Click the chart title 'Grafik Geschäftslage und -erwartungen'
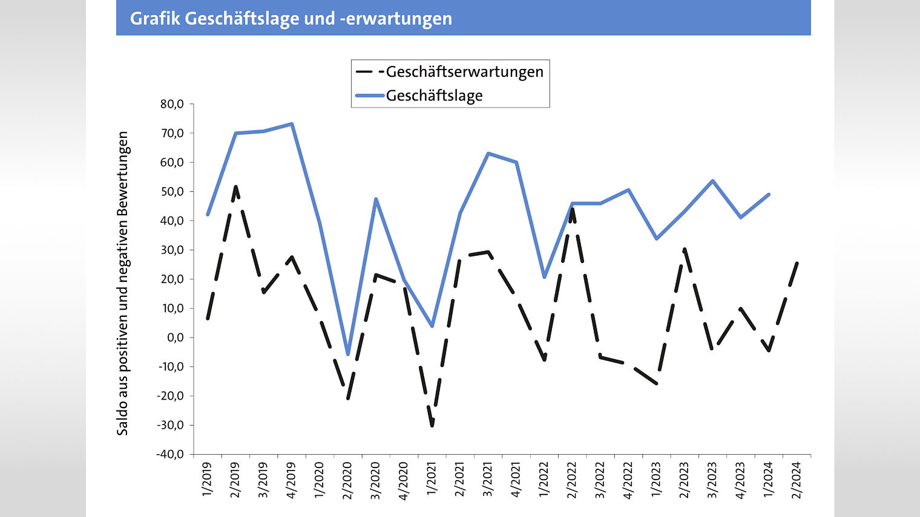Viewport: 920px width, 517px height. [291, 19]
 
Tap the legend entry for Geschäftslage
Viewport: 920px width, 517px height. [434, 96]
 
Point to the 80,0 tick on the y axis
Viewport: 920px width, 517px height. [172, 104]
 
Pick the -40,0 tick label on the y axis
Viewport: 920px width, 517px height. [171, 454]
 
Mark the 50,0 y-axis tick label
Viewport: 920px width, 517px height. [172, 192]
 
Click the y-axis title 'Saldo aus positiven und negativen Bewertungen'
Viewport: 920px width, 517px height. [123, 283]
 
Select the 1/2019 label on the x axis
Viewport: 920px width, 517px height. [208, 480]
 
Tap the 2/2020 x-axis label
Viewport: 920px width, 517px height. [348, 480]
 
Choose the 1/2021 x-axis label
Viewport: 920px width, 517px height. [432, 480]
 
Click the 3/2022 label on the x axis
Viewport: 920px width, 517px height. [600, 480]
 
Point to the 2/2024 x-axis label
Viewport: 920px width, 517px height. [797, 480]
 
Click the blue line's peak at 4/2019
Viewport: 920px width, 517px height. [292, 124]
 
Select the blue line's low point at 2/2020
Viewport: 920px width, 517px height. [348, 354]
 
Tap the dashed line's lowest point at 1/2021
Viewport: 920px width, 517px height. [432, 426]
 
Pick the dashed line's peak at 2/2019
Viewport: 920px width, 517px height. [235, 186]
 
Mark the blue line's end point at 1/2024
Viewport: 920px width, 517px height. [769, 195]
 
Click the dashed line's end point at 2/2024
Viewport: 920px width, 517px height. [797, 262]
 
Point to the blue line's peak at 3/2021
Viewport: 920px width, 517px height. [488, 154]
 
